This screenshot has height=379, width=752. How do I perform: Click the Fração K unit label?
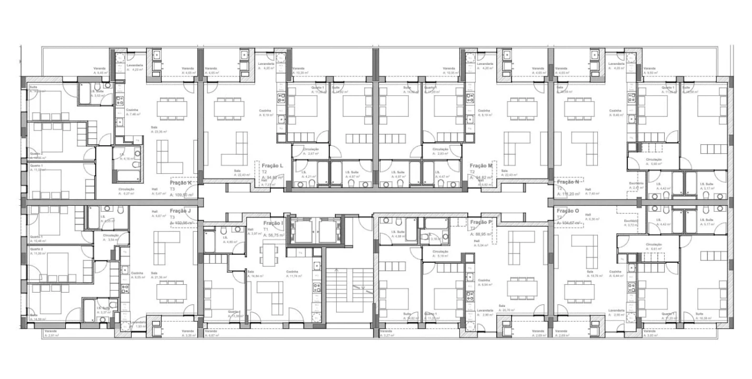[181, 183]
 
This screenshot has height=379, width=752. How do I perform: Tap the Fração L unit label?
[272, 166]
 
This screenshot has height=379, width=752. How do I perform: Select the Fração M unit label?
[480, 165]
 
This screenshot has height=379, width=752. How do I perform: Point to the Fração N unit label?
[567, 182]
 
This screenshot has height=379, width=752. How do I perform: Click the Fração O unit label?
[567, 211]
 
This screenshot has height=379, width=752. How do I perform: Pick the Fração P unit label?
[480, 222]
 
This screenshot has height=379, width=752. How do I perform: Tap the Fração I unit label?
[273, 223]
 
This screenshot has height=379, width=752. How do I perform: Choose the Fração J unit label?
[180, 211]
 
